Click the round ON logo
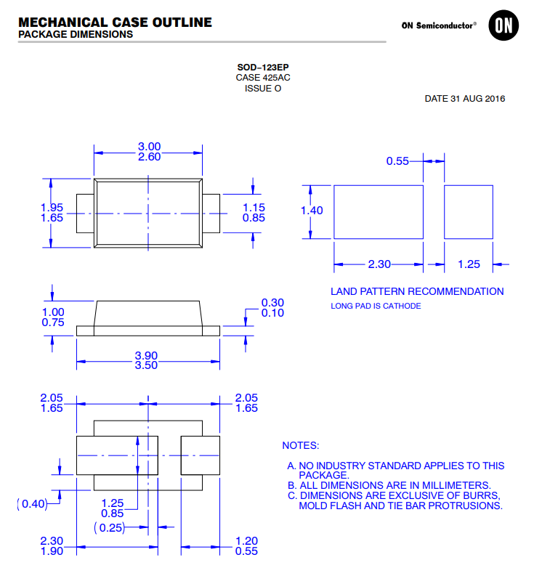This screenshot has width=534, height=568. click(x=503, y=25)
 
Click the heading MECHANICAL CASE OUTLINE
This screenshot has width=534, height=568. click(x=115, y=22)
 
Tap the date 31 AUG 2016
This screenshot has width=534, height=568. click(x=465, y=99)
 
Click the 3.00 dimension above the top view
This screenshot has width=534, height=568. click(x=149, y=147)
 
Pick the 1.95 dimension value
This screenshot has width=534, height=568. click(x=52, y=207)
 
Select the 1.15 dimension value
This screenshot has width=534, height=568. click(x=254, y=207)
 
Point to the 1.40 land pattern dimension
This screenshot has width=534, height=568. click(x=312, y=211)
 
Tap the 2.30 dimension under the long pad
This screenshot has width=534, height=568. click(x=379, y=264)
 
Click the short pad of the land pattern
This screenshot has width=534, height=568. click(x=469, y=211)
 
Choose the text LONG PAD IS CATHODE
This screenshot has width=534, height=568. click(x=376, y=306)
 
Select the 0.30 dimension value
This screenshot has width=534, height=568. click(x=272, y=302)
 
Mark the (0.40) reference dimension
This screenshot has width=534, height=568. click(x=31, y=503)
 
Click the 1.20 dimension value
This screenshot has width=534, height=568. click(x=247, y=540)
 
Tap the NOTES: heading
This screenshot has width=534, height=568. click(x=300, y=445)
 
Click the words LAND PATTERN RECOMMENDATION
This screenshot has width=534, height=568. click(x=417, y=291)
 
